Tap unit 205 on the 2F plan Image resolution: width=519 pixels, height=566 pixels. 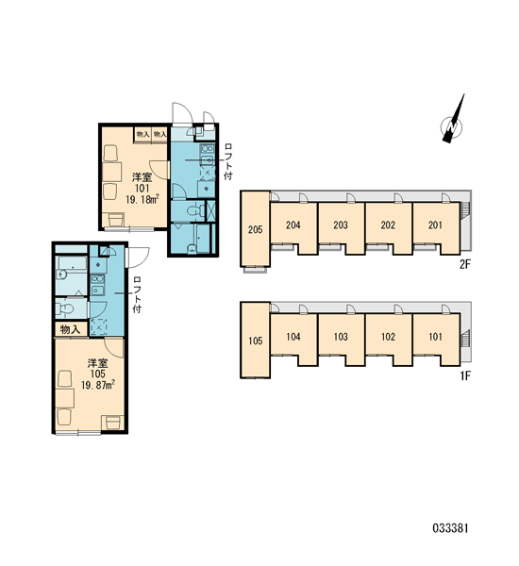pyautogui.click(x=256, y=229)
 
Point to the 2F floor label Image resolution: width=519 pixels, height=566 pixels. pyautogui.click(x=465, y=264)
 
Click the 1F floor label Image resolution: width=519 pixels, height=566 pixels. pyautogui.click(x=465, y=376)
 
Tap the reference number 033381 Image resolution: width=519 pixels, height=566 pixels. pyautogui.click(x=450, y=528)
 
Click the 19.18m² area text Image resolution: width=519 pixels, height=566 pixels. pyautogui.click(x=142, y=199)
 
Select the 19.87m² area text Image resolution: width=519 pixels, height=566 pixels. pyautogui.click(x=98, y=385)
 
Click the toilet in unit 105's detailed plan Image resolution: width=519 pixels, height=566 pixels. pyautogui.click(x=65, y=308)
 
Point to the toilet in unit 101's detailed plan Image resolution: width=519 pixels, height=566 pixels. pyautogui.click(x=194, y=210)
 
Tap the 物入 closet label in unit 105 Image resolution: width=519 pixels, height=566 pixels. pyautogui.click(x=71, y=329)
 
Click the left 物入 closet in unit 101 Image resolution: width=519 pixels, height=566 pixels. pyautogui.click(x=142, y=135)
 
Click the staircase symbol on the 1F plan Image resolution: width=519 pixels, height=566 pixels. pyautogui.click(x=466, y=338)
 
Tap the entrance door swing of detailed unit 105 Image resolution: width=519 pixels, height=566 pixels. pyautogui.click(x=138, y=257)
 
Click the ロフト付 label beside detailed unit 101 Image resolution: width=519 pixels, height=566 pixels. pyautogui.click(x=228, y=161)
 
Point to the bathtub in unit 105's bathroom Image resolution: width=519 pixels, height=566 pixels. pyautogui.click(x=73, y=262)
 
